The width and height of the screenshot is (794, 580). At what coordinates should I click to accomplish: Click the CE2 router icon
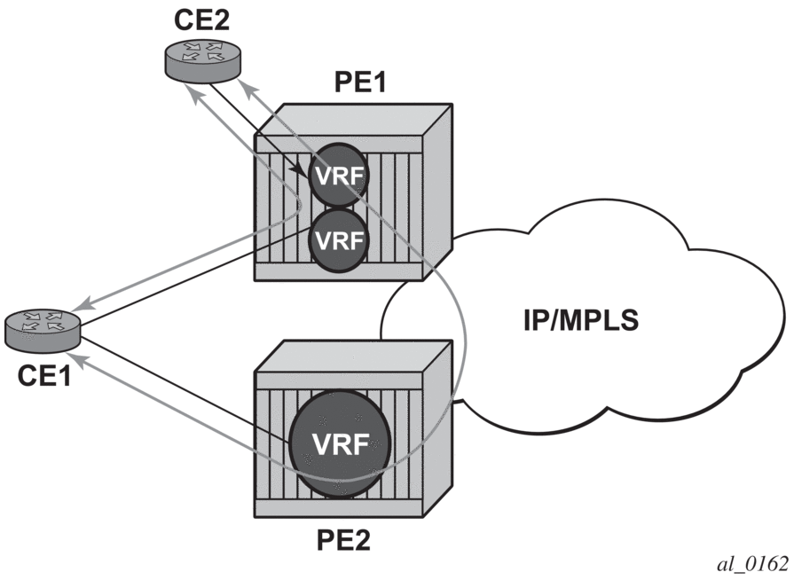click(x=201, y=59)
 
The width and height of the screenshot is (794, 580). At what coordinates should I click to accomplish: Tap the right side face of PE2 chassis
click(x=444, y=443)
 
